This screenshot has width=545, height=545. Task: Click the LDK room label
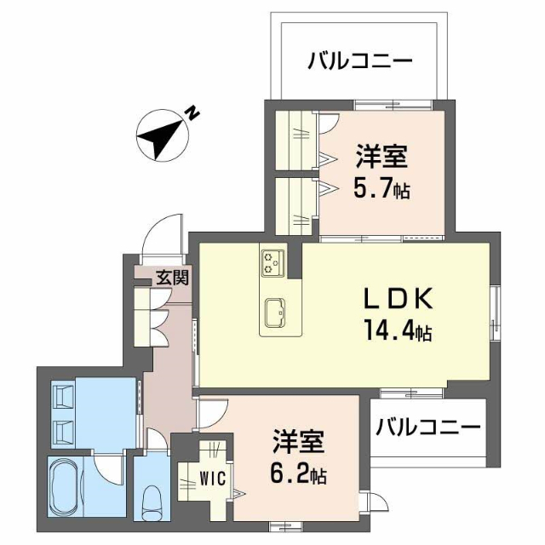pyautogui.click(x=399, y=299)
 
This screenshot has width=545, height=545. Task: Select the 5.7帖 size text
pyautogui.click(x=381, y=188)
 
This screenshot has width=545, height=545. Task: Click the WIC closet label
pyautogui.click(x=212, y=478)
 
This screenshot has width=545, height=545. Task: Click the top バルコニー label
pyautogui.click(x=360, y=60)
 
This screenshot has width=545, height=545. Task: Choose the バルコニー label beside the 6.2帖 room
pyautogui.click(x=428, y=425)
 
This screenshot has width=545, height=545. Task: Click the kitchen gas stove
pyautogui.click(x=273, y=260)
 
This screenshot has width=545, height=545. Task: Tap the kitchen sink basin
pyautogui.click(x=276, y=311)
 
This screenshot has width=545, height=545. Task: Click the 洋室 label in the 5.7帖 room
pyautogui.click(x=381, y=158)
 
